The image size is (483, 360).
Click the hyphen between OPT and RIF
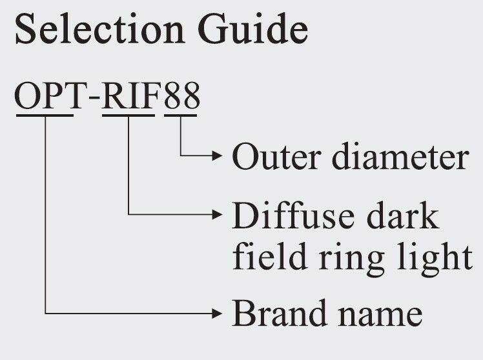95,99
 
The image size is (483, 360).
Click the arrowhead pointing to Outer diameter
218,156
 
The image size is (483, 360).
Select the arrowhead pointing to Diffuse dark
218,214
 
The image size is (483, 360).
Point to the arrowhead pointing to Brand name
218,314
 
